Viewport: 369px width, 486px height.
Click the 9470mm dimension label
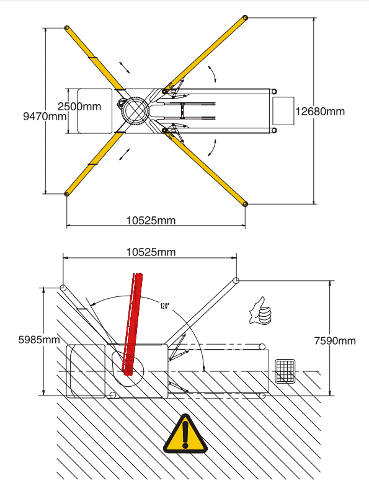(x=45, y=117)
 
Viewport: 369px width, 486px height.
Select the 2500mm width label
(x=79, y=107)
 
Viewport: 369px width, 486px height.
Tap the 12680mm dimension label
(x=320, y=112)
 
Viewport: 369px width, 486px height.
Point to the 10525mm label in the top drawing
(x=151, y=221)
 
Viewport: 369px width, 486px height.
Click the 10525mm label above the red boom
(x=151, y=252)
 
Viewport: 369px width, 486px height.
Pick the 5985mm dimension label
(x=39, y=340)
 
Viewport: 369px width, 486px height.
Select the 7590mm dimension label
(x=335, y=341)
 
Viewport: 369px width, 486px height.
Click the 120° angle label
(x=165, y=306)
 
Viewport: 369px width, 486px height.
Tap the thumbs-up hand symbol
(x=260, y=311)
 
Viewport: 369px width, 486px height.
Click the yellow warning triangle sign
(x=185, y=433)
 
